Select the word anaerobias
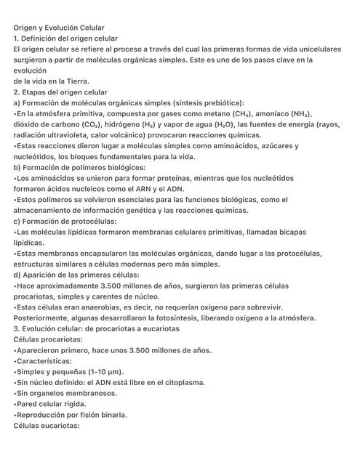click(101, 307)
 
